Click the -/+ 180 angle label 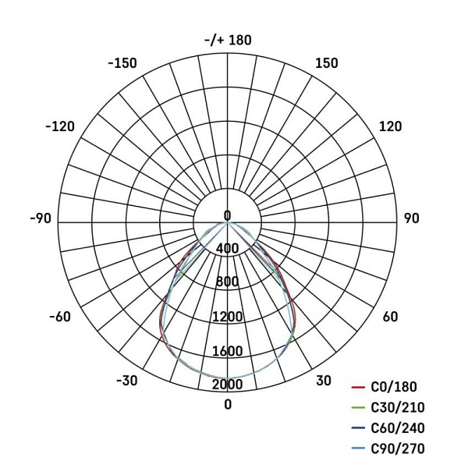coord(228,40)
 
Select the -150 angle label coord(122,63)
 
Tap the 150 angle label coord(327,63)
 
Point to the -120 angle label coord(60,126)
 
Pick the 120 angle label coord(391,126)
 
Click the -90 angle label coord(41,218)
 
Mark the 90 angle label coord(412,218)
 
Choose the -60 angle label coord(60,317)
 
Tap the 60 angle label coord(391,317)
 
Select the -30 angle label coord(127,381)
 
